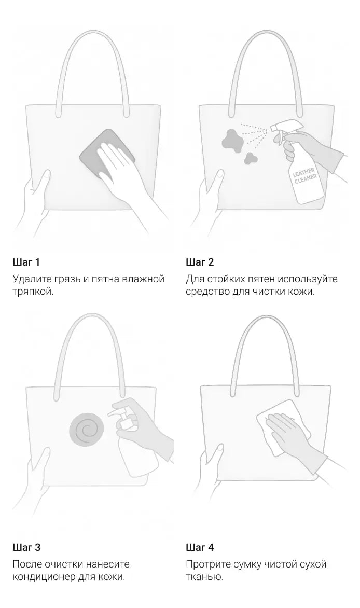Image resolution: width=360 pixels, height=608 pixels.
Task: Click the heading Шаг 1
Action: (x=26, y=262)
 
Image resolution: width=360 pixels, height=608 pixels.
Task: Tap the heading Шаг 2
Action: (x=199, y=262)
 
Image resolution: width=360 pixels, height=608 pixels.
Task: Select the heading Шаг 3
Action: (x=26, y=547)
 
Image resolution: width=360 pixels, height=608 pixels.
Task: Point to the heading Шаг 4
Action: (x=200, y=547)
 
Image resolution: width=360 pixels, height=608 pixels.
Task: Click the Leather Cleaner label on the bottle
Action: (x=304, y=176)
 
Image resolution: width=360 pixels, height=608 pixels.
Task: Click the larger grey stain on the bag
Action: (x=232, y=140)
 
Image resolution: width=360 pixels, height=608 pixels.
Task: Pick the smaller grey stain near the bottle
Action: (x=250, y=157)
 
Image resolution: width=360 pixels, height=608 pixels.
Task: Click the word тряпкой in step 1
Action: (x=33, y=292)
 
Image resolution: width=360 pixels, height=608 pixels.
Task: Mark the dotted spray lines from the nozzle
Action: (x=254, y=134)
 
